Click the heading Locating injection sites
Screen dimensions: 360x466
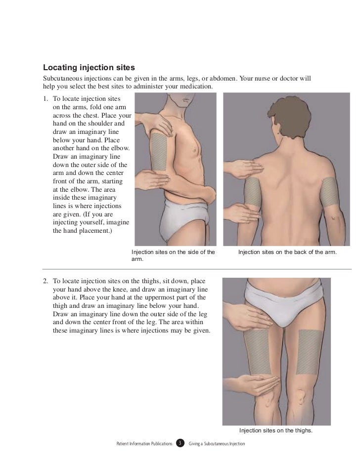click(89, 68)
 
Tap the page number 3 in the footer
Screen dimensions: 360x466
click(180, 443)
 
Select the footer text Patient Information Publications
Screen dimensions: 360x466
click(144, 444)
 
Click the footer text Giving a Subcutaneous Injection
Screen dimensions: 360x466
click(217, 444)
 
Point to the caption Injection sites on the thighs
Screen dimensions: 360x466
click(275, 430)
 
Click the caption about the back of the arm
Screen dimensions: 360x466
click(287, 252)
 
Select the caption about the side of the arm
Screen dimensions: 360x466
click(173, 255)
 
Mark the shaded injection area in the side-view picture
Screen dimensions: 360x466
click(158, 152)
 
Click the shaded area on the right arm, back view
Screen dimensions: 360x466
click(330, 192)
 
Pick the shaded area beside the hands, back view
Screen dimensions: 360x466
click(253, 192)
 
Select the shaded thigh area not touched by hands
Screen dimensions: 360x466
click(310, 352)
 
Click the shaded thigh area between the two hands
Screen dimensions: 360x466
click(257, 352)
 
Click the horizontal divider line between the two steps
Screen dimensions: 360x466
click(197, 269)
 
